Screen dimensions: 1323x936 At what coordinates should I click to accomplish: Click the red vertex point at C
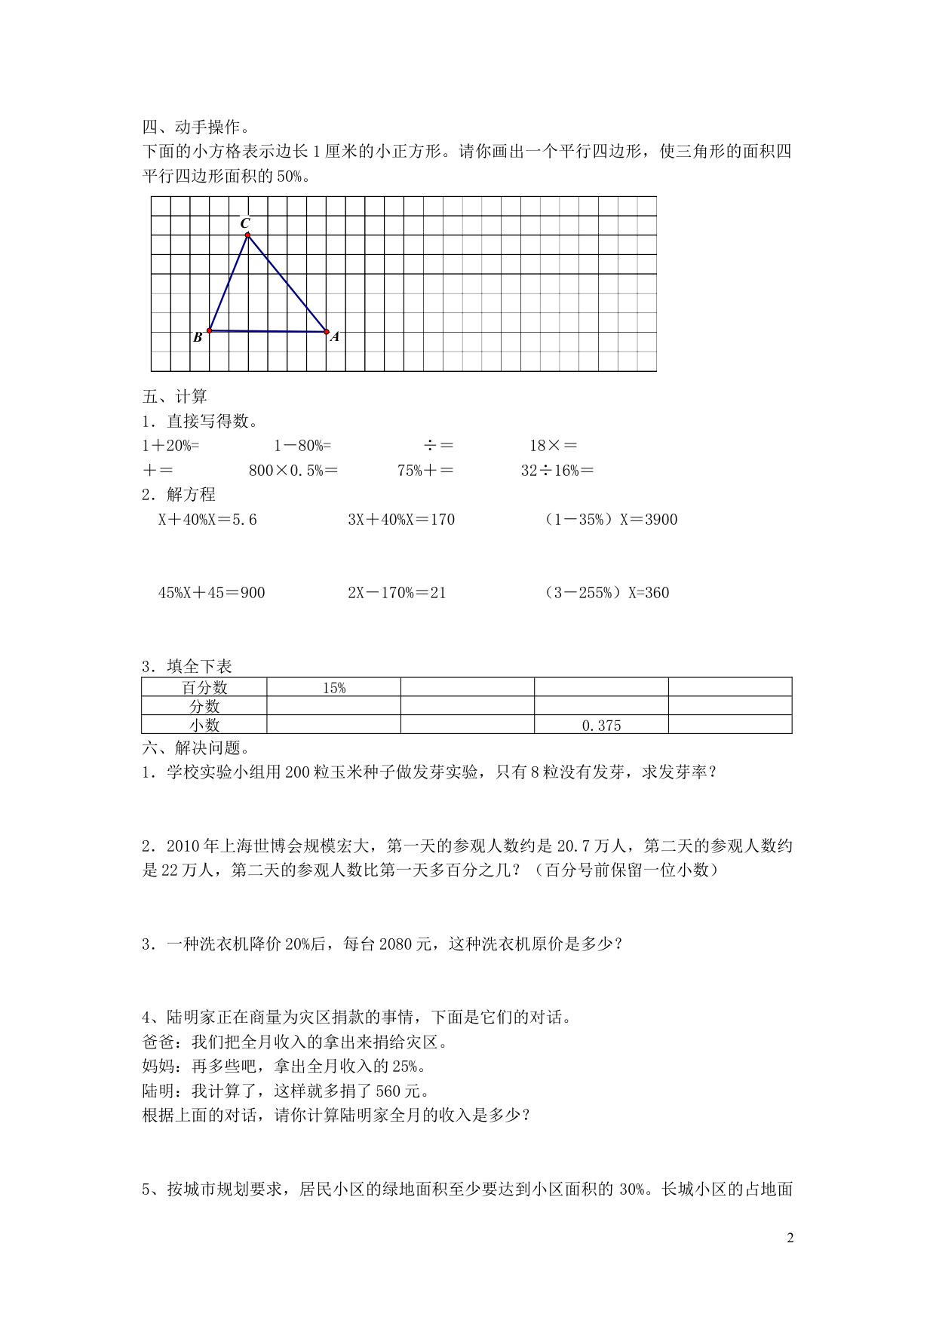(247, 235)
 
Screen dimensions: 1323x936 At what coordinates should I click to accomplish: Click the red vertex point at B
(209, 330)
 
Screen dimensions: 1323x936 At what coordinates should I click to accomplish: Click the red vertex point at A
(327, 331)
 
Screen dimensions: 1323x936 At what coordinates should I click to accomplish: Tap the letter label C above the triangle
(245, 223)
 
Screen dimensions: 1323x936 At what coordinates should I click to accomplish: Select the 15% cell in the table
(333, 688)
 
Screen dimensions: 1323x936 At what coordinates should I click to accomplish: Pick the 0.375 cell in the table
(601, 726)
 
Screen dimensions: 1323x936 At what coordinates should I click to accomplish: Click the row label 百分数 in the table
(204, 688)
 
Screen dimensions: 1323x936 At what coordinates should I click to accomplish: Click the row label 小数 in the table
(204, 726)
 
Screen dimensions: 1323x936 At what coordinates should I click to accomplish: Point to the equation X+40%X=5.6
(207, 520)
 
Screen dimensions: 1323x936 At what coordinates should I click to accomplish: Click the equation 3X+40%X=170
(401, 520)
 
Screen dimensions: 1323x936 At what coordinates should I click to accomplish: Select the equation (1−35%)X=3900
(610, 520)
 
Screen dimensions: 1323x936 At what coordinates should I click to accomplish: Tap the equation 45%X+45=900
(212, 593)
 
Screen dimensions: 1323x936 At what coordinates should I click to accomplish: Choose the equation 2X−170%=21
(397, 593)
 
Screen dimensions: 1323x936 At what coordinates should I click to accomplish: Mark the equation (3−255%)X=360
(606, 593)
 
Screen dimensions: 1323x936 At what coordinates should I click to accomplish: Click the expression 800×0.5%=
(293, 471)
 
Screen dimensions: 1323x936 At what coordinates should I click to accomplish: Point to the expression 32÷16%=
(557, 471)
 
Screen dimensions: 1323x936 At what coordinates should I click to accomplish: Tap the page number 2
(790, 1238)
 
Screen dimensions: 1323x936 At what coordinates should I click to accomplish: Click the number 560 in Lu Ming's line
(388, 1091)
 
